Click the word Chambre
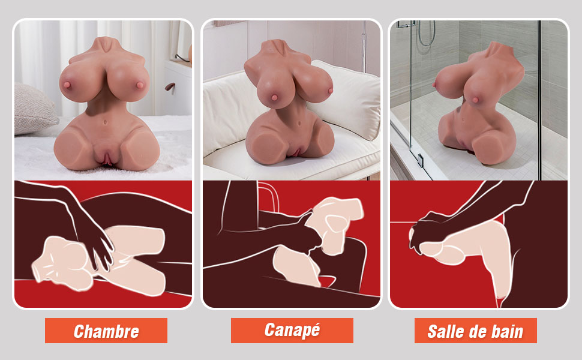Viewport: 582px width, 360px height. [106, 331]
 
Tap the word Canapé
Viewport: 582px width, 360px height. [292, 330]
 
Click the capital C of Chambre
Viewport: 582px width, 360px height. [79, 331]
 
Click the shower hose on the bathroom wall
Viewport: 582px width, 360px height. [427, 34]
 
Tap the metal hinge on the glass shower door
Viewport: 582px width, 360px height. [420, 160]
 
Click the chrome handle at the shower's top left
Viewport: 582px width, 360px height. [406, 25]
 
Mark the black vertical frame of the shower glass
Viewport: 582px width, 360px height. [539, 100]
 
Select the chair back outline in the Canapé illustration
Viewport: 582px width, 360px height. [268, 196]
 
